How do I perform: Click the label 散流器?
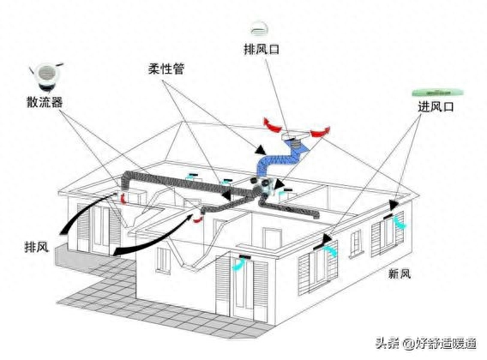[x=45, y=101]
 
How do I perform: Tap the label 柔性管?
[x=166, y=69]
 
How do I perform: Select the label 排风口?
[x=262, y=49]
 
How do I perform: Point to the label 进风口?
[x=436, y=106]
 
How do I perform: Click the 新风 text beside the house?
[x=400, y=274]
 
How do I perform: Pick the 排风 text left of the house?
[x=37, y=247]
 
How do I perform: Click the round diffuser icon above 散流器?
[x=46, y=76]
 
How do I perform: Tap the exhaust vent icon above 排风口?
[x=259, y=28]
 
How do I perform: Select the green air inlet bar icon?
[x=437, y=93]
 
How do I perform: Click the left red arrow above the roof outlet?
[x=273, y=125]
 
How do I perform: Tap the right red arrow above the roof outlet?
[x=320, y=132]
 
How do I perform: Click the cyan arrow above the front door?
[x=238, y=264]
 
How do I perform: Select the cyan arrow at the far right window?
[x=400, y=223]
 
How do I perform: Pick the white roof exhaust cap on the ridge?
[x=295, y=135]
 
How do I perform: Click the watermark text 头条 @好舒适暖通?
[x=426, y=343]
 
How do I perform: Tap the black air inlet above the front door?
[x=245, y=257]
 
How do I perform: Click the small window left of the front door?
[x=163, y=260]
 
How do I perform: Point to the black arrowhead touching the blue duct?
[x=261, y=150]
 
